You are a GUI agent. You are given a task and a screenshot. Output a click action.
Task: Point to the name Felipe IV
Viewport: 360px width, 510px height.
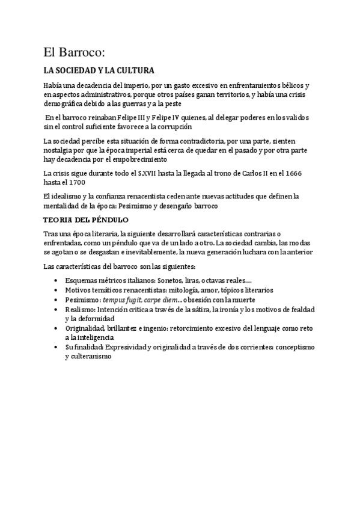click(168, 118)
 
